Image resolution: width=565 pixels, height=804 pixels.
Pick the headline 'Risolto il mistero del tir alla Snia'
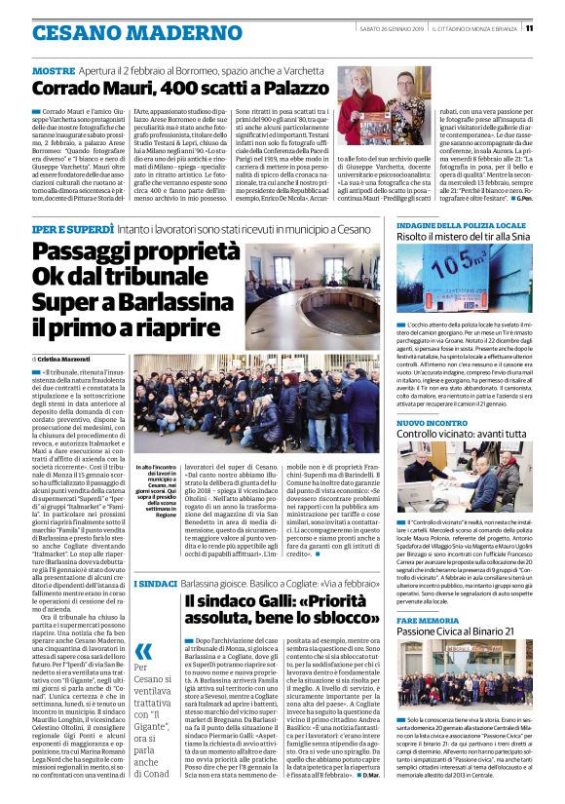464,240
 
